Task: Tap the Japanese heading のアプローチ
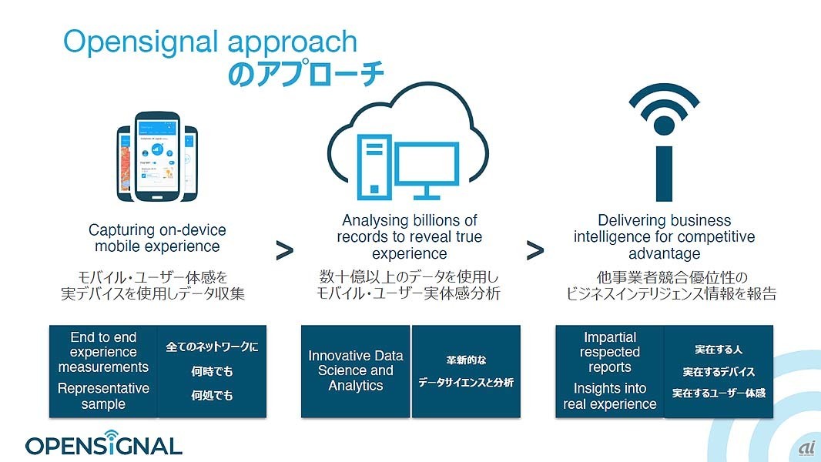click(306, 74)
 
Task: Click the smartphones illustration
click(157, 157)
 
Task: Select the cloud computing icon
click(408, 142)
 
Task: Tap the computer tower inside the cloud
click(374, 167)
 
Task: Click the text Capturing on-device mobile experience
click(157, 238)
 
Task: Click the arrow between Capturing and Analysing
click(284, 250)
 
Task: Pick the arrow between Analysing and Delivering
click(535, 250)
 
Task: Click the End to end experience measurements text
click(103, 352)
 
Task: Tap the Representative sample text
click(103, 396)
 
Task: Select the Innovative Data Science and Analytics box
click(356, 371)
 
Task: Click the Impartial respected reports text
click(609, 352)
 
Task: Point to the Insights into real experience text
click(609, 396)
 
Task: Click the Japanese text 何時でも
click(212, 371)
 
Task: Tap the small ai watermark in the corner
click(807, 448)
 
